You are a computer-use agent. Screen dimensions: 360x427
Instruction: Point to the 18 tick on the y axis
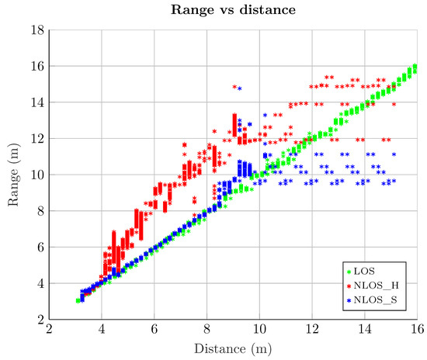(36, 30)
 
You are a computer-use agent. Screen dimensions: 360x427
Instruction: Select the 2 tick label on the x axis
(50, 329)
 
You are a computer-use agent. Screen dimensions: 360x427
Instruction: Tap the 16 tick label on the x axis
(417, 329)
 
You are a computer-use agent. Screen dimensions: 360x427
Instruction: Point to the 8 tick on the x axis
(207, 329)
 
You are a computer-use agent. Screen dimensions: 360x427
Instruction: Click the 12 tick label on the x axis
(312, 329)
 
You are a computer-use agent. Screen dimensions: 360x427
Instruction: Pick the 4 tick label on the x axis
(102, 329)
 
